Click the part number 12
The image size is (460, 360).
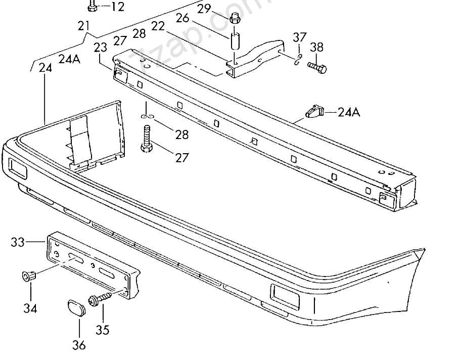pyautogui.click(x=117, y=7)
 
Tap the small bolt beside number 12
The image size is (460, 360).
pyautogui.click(x=92, y=7)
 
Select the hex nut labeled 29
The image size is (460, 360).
pyautogui.click(x=234, y=20)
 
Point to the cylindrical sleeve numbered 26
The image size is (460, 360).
pyautogui.click(x=235, y=41)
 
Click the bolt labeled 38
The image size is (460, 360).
pyautogui.click(x=317, y=66)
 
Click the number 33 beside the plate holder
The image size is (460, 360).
pyautogui.click(x=18, y=242)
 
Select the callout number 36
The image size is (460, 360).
pyautogui.click(x=79, y=345)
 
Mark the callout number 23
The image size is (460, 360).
pyautogui.click(x=100, y=48)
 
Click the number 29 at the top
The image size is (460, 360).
pyautogui.click(x=204, y=8)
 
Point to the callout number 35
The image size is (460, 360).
pyautogui.click(x=102, y=330)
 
